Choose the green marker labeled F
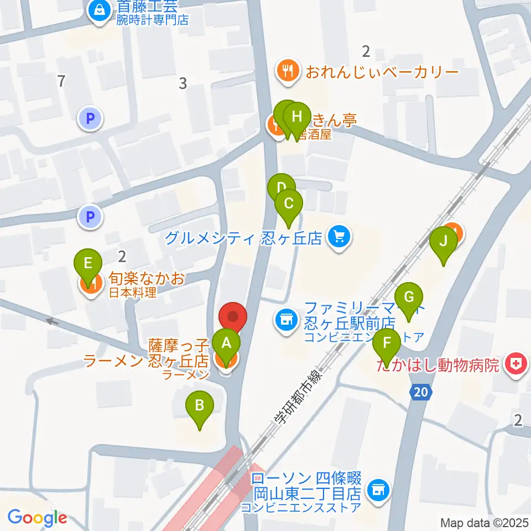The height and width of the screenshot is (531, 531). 387,346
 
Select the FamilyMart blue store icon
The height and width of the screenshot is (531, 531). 285,319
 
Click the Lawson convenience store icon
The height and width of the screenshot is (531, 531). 378,489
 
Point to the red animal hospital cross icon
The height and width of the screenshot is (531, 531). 516,365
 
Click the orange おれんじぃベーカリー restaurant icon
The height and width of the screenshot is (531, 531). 288,71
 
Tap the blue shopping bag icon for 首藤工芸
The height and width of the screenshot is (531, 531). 100,11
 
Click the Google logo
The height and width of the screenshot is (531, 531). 37,518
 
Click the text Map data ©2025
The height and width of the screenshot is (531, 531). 484,523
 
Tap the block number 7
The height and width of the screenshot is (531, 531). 61,81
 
